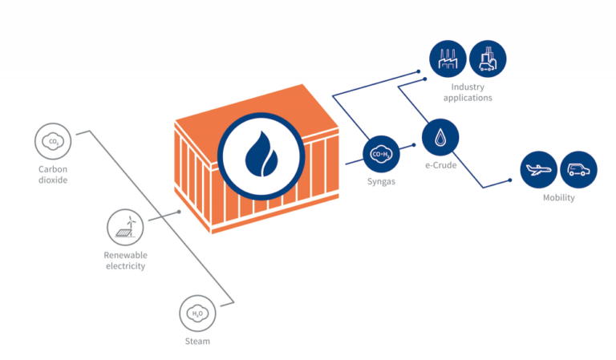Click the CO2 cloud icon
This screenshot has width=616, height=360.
(x=54, y=143)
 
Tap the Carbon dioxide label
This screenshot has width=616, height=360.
(x=54, y=174)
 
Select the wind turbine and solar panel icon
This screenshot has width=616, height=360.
(x=125, y=228)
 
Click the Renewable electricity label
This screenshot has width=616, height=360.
(x=125, y=260)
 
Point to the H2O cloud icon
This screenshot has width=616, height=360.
(x=197, y=313)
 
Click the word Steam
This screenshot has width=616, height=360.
(x=197, y=342)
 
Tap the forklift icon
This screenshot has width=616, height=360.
(x=488, y=59)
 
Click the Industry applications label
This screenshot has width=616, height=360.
(x=471, y=92)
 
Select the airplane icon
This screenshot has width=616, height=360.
(x=538, y=170)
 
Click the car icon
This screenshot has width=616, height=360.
(x=578, y=170)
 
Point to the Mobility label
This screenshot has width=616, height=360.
(x=558, y=198)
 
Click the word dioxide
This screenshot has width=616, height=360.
(x=54, y=180)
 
